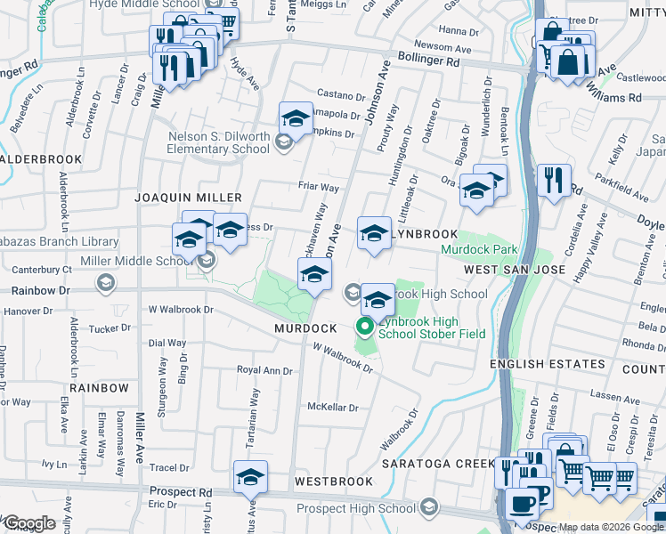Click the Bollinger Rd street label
(429, 63)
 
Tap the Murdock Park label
(479, 250)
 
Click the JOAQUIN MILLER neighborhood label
(188, 197)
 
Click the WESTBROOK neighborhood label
(334, 481)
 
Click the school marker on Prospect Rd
(251, 477)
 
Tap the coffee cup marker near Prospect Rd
(522, 500)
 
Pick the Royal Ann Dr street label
(264, 369)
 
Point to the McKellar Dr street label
(332, 408)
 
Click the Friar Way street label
(319, 188)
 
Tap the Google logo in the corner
(28, 523)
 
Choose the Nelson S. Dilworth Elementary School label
(220, 142)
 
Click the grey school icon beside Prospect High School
(429, 508)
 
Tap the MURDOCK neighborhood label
(305, 328)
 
